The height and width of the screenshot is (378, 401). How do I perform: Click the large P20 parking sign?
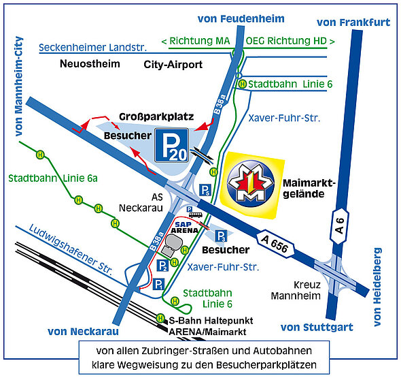[x=171, y=145]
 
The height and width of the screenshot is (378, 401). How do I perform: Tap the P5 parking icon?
[x=205, y=190]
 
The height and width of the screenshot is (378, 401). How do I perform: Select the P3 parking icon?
[x=221, y=236]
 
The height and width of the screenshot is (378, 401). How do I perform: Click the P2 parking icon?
[x=162, y=266]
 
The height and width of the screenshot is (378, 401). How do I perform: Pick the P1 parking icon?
[x=158, y=284]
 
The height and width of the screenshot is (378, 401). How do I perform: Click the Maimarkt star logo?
[x=251, y=184]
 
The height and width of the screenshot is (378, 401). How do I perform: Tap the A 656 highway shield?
[x=275, y=244]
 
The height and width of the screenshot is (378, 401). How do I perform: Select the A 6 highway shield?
[x=339, y=226]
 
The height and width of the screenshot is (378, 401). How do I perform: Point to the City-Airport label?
[x=173, y=65]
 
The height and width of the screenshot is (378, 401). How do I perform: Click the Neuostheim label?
[x=90, y=63]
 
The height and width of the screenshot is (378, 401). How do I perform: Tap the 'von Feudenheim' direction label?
[x=241, y=18]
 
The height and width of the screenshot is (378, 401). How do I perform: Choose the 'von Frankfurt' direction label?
[x=353, y=22]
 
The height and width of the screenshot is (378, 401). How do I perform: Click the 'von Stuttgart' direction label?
[x=317, y=327]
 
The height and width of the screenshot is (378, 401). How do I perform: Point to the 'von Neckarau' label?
[x=84, y=332]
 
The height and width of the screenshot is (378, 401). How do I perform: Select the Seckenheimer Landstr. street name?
[x=93, y=48]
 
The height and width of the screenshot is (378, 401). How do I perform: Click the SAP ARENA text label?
[x=184, y=227]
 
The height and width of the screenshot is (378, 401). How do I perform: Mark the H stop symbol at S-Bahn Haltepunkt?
[x=160, y=318]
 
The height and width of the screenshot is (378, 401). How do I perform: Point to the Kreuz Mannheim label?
[x=296, y=290]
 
